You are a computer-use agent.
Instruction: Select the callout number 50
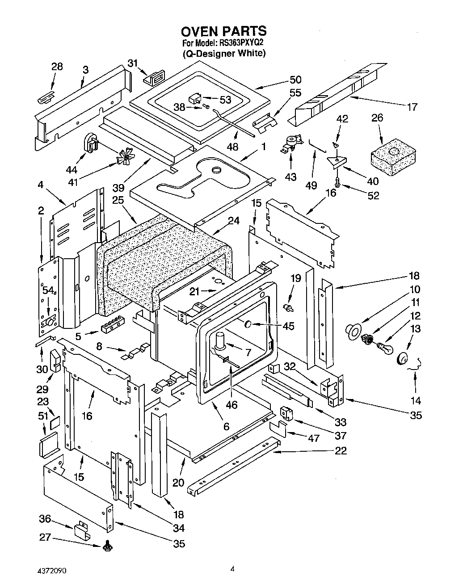(x=295, y=80)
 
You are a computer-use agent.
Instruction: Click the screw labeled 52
(x=337, y=182)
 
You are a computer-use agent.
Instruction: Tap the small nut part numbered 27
(x=107, y=546)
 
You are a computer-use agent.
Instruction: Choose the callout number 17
(x=412, y=107)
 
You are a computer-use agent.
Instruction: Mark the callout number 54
(x=47, y=290)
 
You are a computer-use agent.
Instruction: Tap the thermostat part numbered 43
(x=290, y=145)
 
